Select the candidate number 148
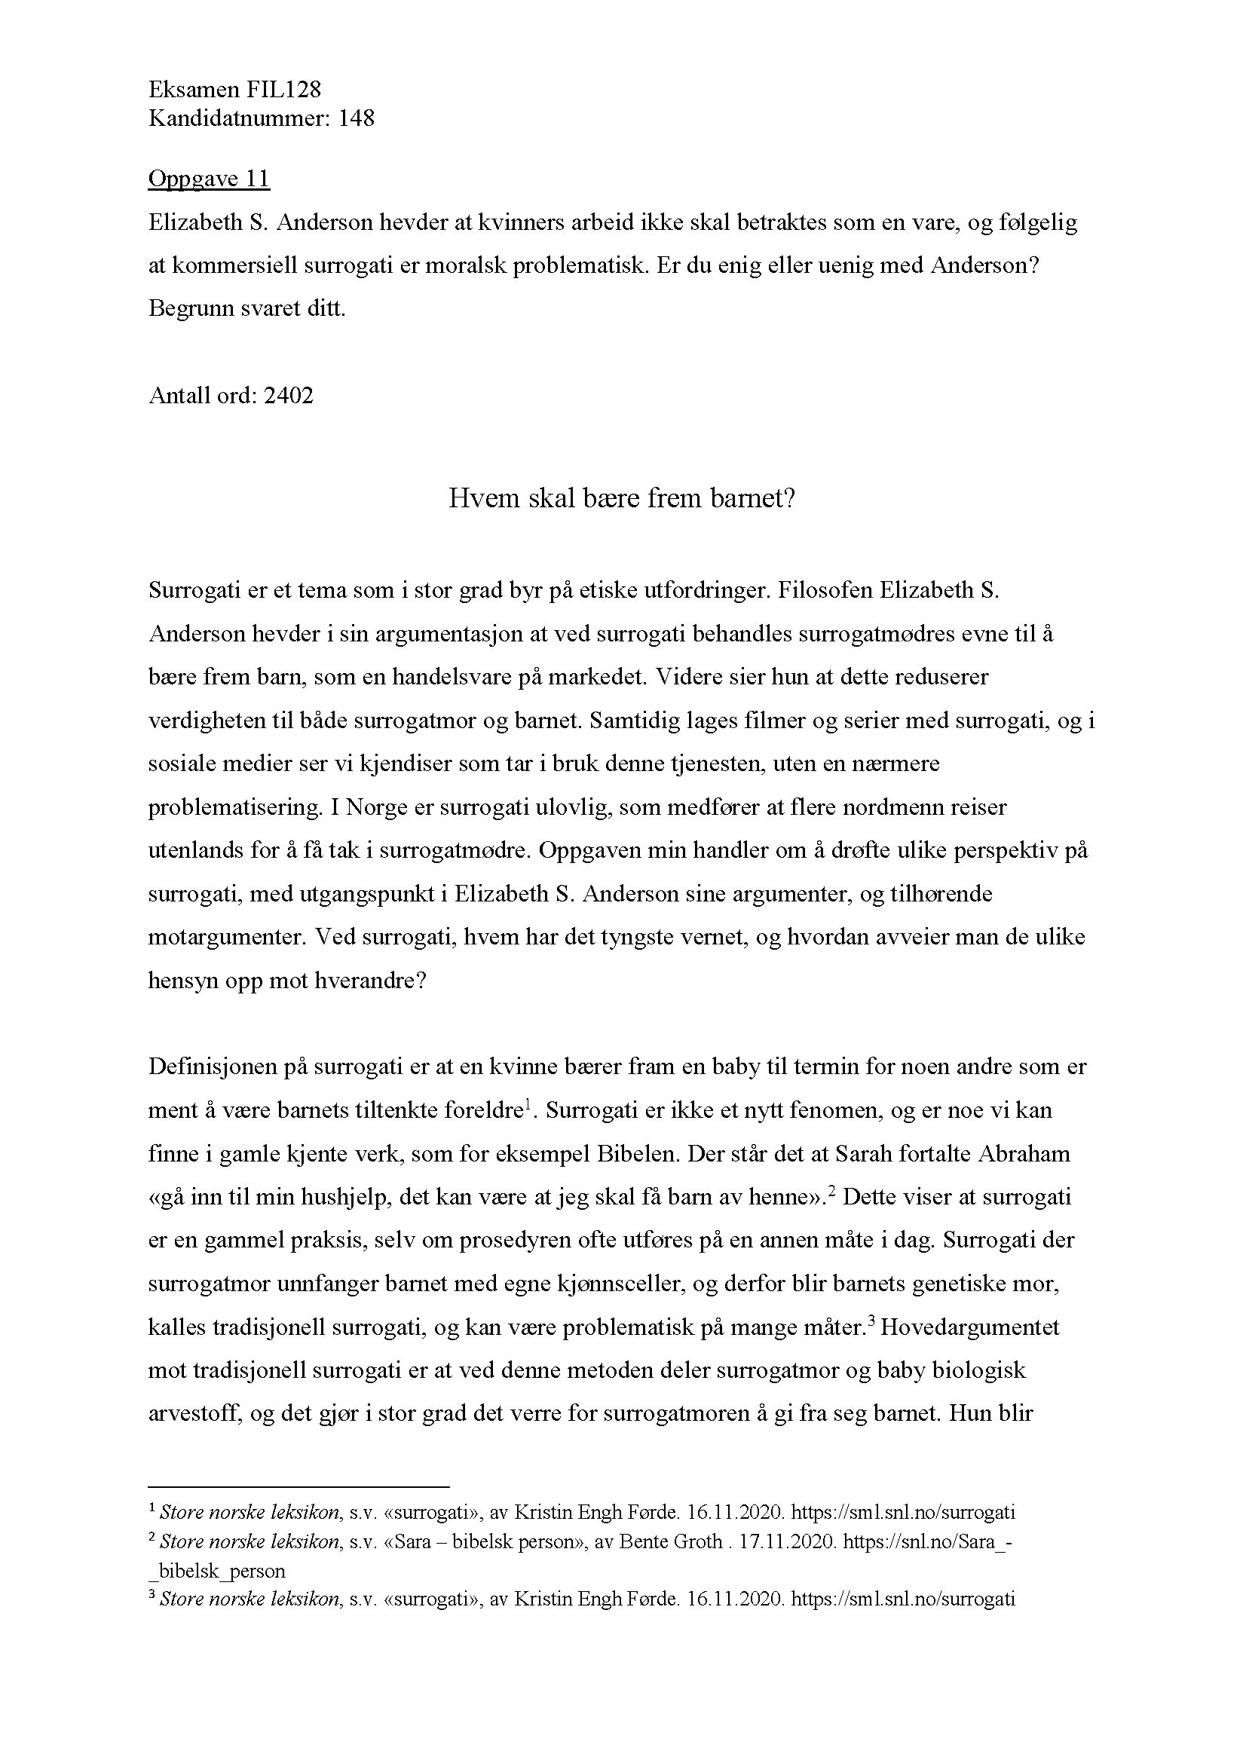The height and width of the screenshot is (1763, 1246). (356, 119)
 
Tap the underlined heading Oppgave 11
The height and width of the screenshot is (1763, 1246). (209, 179)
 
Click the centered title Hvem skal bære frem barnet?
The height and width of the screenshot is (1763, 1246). (622, 499)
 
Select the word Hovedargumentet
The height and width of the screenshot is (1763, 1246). (970, 1327)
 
